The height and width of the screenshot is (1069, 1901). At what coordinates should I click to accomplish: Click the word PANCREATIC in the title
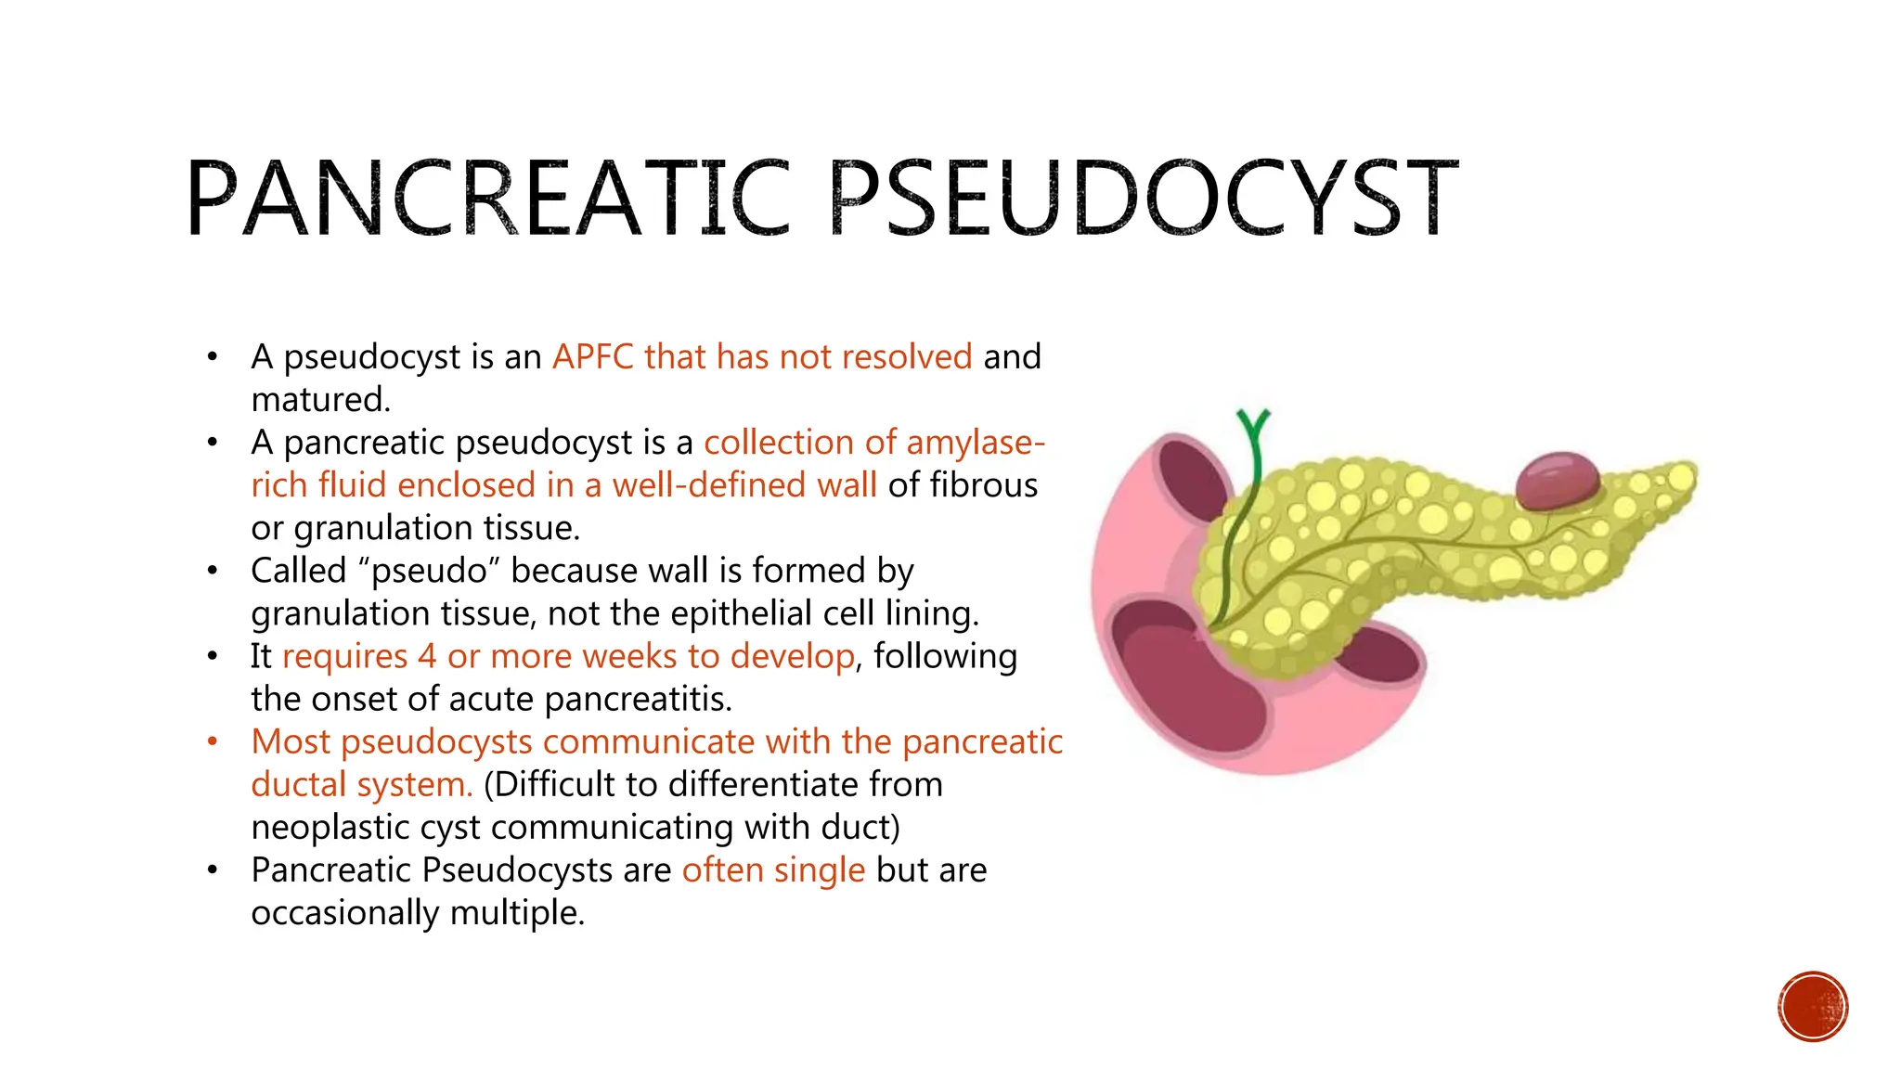click(x=487, y=199)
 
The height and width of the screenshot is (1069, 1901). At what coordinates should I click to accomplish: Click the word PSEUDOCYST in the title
click(x=1143, y=199)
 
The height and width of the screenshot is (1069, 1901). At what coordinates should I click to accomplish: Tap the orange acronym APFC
click(x=592, y=357)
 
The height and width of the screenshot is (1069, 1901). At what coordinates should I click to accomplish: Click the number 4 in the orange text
click(x=426, y=656)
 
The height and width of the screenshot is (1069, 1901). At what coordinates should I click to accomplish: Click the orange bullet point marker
click(x=213, y=741)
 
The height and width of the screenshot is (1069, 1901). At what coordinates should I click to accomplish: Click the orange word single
click(x=819, y=870)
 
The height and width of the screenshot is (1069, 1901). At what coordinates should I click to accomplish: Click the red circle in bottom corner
click(x=1813, y=1007)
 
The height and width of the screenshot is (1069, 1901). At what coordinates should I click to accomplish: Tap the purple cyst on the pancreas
click(x=1558, y=480)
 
